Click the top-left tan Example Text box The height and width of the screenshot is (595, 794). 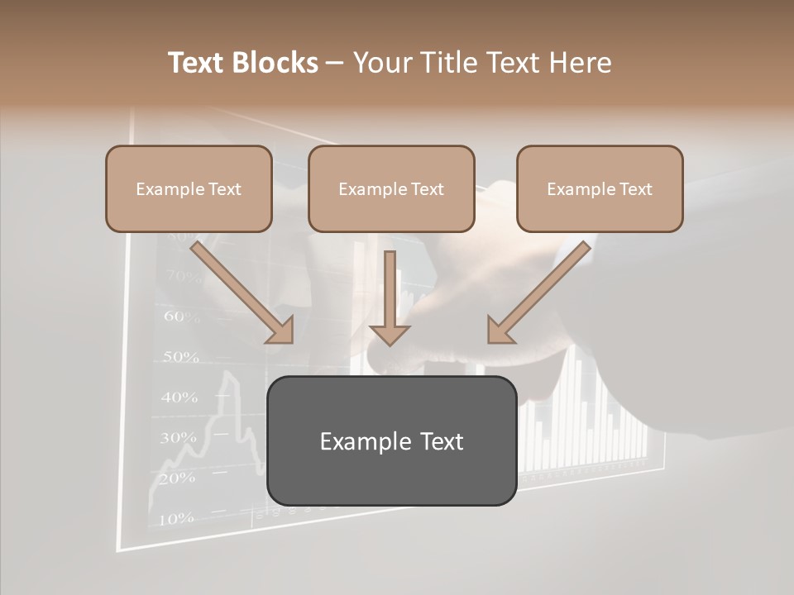189,188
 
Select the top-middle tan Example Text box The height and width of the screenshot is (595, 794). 391,188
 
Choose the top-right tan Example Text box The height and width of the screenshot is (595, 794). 600,188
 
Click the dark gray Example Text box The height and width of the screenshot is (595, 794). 391,440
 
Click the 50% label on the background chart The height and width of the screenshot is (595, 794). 180,357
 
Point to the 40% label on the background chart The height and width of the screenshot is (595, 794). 179,397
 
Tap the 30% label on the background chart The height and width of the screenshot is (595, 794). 178,437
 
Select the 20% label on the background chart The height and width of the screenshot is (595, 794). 176,478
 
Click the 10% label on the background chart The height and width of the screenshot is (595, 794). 175,519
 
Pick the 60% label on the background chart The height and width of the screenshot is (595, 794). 182,316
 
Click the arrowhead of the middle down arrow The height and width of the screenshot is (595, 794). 390,334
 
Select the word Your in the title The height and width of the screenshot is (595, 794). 381,63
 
